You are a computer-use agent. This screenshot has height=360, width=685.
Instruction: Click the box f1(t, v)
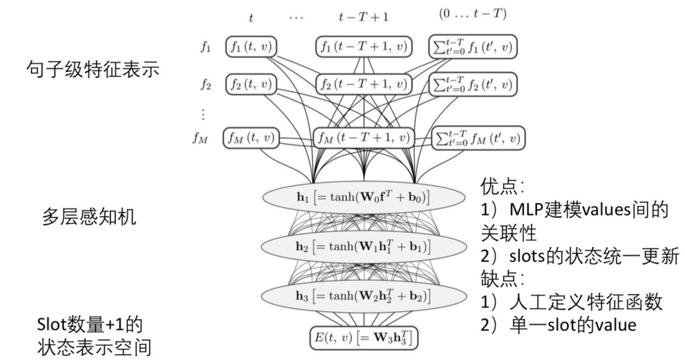[251, 48]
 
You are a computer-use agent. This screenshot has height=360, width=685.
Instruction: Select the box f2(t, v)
[251, 85]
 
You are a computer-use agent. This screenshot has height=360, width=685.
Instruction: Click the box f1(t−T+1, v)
[363, 48]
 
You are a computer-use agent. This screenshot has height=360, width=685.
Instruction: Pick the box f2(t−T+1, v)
[363, 85]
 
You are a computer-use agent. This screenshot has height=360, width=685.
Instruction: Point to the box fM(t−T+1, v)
[363, 138]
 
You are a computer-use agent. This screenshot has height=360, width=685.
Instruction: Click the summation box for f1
[473, 47]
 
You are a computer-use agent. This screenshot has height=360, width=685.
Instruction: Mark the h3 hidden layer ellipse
[363, 296]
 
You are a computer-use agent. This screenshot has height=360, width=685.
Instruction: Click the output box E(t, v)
[363, 338]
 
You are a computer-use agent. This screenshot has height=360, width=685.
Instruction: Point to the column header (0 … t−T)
[473, 14]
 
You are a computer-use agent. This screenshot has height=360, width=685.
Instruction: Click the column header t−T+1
[363, 16]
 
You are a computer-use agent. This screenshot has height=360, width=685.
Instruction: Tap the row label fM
[200, 138]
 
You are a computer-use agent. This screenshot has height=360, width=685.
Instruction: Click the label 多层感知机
[89, 218]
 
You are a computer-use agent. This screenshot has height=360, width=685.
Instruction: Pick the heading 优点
[503, 185]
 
